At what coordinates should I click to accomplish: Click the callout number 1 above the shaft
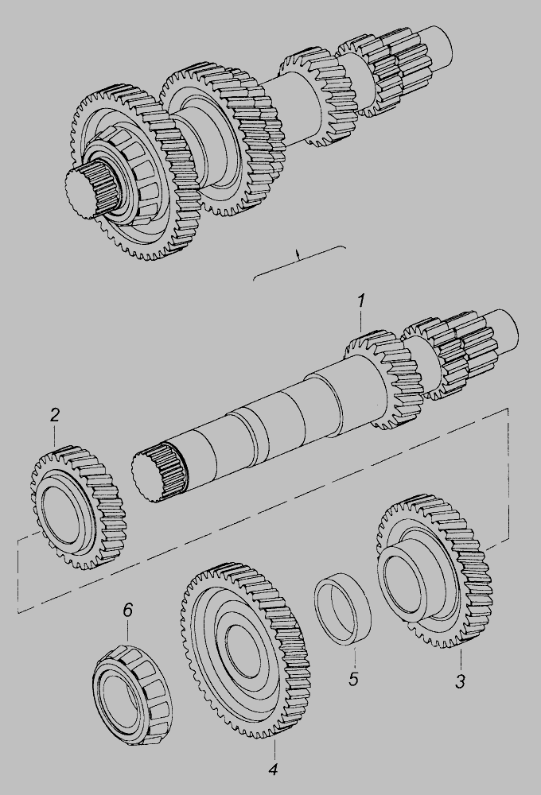(x=360, y=301)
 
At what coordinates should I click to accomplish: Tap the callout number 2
(x=55, y=415)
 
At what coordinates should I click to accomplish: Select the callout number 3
(x=460, y=681)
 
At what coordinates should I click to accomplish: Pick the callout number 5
(x=353, y=678)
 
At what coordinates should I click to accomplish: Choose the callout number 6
(x=127, y=610)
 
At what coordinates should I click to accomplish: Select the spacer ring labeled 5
(x=343, y=610)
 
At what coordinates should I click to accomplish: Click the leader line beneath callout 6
(x=127, y=632)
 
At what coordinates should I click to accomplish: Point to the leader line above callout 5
(x=354, y=657)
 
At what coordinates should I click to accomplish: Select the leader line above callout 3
(x=461, y=658)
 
